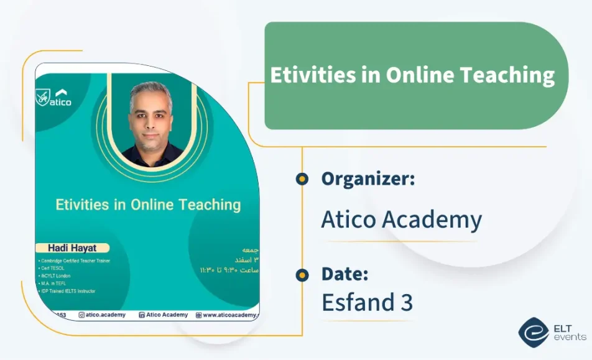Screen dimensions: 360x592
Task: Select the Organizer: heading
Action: coord(368,179)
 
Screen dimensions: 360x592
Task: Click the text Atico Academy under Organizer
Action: coord(401,219)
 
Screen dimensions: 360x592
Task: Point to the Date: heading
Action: coord(345,274)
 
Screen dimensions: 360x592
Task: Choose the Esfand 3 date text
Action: coord(367,302)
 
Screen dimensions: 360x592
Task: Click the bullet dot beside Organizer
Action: coord(302,179)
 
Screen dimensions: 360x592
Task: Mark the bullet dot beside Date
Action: coord(302,275)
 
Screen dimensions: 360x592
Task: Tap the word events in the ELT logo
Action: coord(569,338)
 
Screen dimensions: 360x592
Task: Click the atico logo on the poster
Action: coord(54,98)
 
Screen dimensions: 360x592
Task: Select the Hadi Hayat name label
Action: coord(73,247)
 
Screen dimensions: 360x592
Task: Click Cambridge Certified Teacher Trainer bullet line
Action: coord(75,261)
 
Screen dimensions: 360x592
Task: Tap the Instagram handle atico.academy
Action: coord(102,315)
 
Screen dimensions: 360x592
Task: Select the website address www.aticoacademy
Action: coord(227,315)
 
